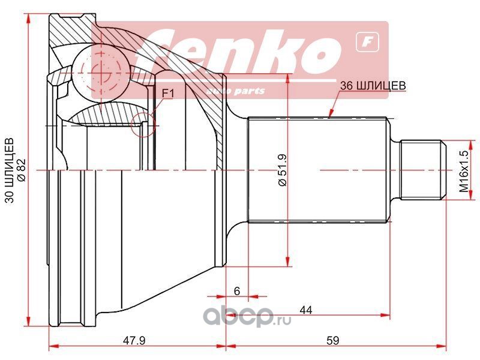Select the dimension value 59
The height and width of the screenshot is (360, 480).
(333, 340)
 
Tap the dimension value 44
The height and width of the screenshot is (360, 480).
(306, 310)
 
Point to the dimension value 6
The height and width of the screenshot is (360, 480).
(236, 291)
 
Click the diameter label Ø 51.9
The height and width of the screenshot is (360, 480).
(282, 170)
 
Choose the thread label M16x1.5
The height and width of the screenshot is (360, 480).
(464, 171)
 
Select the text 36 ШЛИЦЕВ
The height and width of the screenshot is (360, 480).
(373, 85)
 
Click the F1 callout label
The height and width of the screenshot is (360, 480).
(168, 94)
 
